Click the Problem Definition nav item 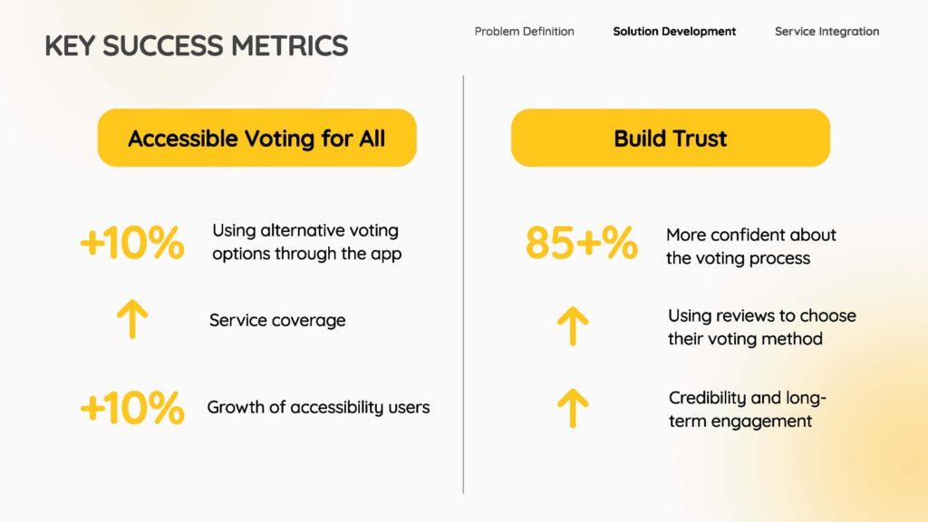pos(525,32)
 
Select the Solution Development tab pos(674,32)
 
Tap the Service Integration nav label pos(826,32)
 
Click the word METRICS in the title pos(289,45)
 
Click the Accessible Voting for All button pos(256,138)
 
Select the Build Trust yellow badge pos(671,138)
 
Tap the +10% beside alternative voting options pos(132,243)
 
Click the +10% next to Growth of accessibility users pos(132,408)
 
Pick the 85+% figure pos(582,243)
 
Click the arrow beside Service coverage pos(132,319)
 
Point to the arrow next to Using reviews pos(573,326)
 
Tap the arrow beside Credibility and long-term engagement pos(573,409)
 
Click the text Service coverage pos(277,320)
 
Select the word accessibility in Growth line pos(337,408)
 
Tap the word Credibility pos(703,399)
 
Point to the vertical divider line pos(463,284)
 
